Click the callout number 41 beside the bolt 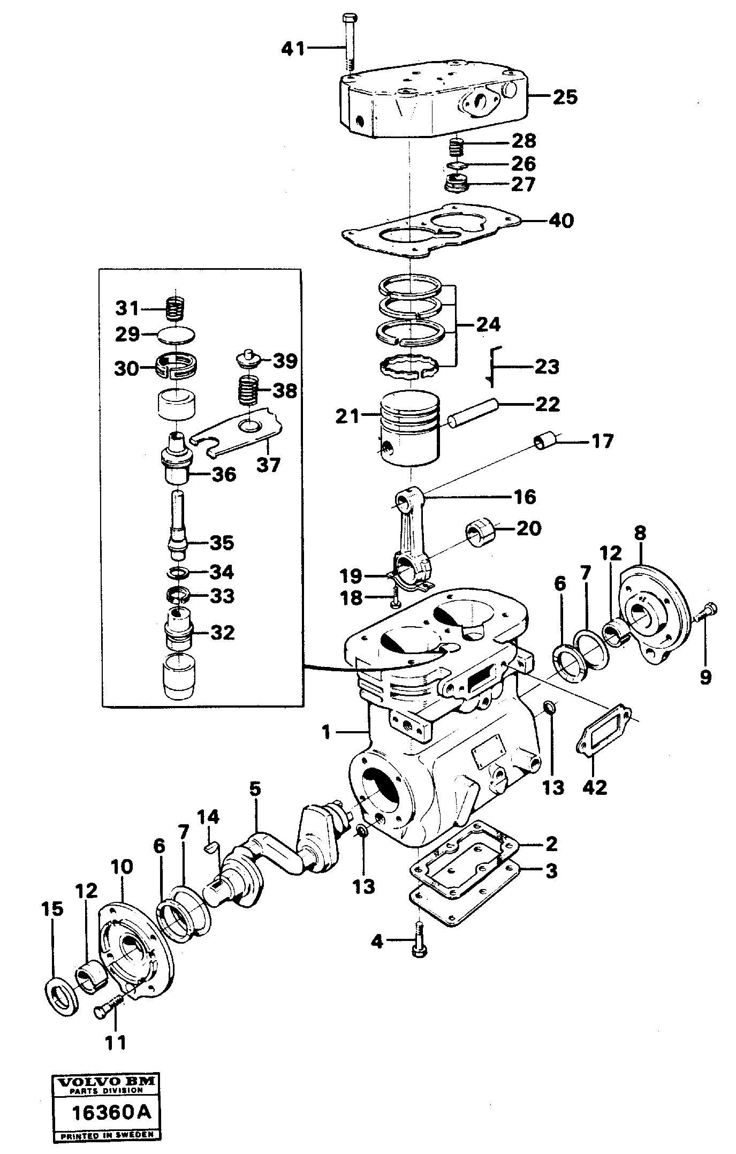[x=293, y=49]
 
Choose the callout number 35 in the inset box [x=221, y=543]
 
